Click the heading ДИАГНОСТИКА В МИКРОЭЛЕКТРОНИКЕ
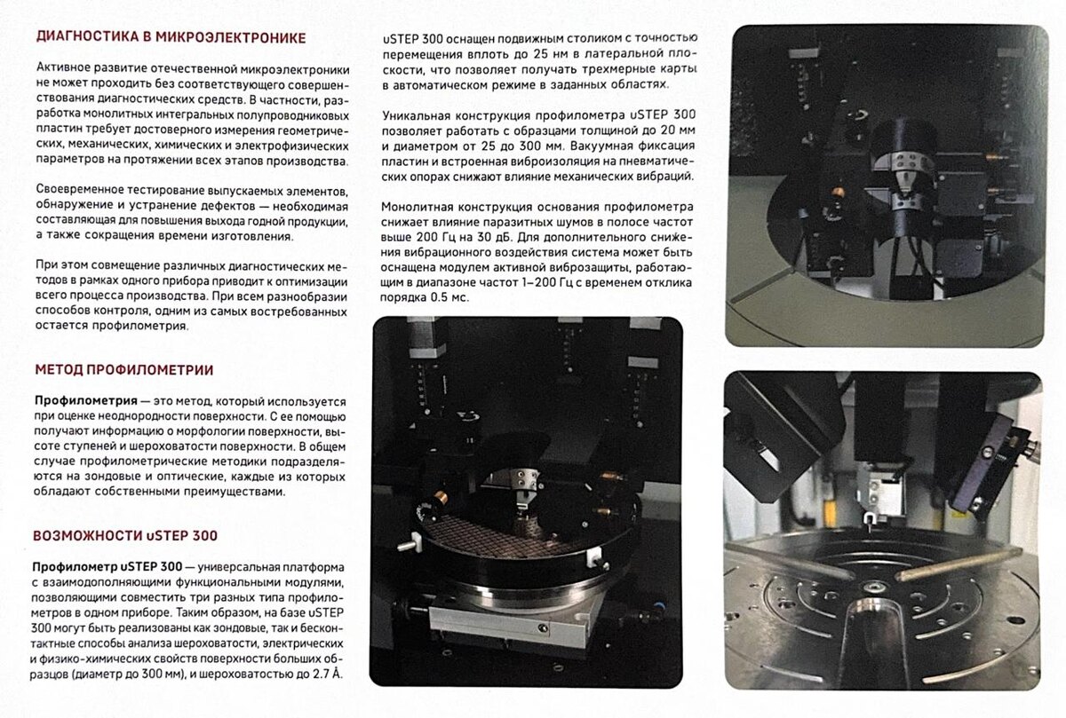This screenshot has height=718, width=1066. coord(171,37)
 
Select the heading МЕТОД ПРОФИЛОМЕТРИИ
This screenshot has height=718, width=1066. coord(124,370)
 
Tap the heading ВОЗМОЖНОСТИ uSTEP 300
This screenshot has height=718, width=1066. coord(125,536)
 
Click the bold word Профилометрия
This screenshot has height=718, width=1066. coord(86,401)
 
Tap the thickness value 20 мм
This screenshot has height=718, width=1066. coord(674,130)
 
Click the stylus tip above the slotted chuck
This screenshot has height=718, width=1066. coord(870,529)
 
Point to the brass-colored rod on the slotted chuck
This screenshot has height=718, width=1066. coord(958,564)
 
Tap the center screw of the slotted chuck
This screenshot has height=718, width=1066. coord(875,587)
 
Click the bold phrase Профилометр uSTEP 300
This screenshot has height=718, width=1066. coord(107,567)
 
